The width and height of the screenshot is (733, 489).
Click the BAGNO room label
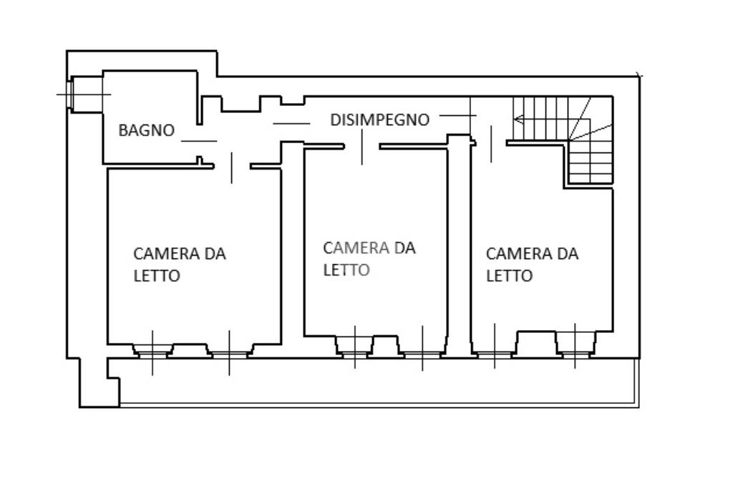146,130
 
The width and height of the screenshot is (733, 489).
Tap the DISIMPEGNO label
379,120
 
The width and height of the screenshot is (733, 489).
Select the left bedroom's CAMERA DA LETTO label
179,264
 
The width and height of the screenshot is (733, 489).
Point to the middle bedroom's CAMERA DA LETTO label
369,258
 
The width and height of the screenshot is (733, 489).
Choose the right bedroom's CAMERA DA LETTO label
532,264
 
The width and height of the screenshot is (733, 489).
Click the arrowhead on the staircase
518,119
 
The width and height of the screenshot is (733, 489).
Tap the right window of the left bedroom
229,352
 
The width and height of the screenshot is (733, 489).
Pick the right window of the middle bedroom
422,352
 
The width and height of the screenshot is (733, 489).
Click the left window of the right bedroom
495,352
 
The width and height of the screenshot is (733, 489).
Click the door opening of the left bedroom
232,166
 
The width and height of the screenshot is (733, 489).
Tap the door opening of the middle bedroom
361,147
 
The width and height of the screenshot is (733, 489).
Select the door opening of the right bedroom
491,144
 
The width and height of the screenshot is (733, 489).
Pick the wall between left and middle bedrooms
292,251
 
